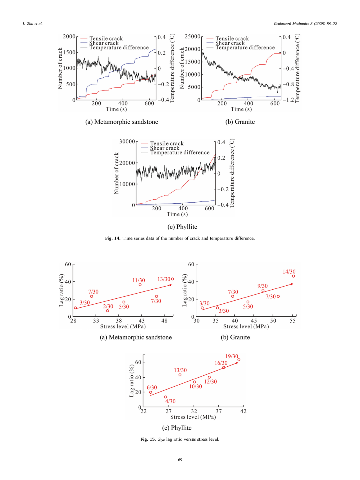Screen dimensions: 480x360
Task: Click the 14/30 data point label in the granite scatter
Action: click(289, 272)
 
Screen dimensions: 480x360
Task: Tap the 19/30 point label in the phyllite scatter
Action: click(232, 356)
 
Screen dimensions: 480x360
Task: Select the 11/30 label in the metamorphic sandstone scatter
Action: click(139, 280)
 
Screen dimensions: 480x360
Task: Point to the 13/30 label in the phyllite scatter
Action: click(180, 370)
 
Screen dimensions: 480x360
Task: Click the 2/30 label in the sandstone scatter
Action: click(108, 306)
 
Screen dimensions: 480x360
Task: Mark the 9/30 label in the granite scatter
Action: click(262, 286)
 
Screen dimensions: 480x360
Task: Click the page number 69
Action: click(180, 460)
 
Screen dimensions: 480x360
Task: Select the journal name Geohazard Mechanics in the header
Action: click(291, 24)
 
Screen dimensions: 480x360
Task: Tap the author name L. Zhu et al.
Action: click(32, 24)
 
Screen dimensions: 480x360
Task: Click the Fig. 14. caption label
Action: click(113, 238)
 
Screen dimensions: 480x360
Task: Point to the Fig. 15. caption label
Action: click(148, 439)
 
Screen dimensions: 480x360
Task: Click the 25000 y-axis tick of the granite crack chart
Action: click(192, 36)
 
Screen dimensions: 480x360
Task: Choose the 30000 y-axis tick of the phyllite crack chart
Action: click(127, 141)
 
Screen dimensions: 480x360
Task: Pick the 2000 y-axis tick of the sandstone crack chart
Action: click(69, 36)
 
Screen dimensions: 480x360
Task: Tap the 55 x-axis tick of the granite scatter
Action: click(292, 321)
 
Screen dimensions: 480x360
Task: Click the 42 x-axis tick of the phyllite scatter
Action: click(243, 411)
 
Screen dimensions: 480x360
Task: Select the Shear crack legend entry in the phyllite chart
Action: click(165, 148)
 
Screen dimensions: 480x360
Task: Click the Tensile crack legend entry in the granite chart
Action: click(232, 38)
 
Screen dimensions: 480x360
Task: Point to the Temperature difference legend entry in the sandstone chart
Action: click(119, 48)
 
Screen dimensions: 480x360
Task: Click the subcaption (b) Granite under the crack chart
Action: click(240, 122)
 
